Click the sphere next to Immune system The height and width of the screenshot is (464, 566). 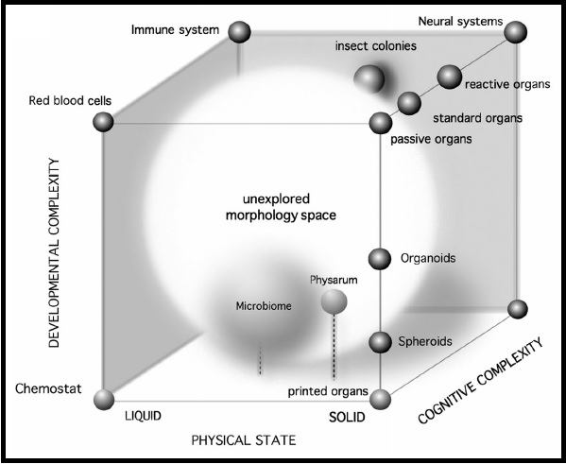click(x=239, y=32)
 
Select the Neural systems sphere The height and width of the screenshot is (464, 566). click(x=516, y=32)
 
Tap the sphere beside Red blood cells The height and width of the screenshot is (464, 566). click(x=103, y=122)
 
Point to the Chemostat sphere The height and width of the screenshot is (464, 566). click(x=104, y=400)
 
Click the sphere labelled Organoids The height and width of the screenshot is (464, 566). click(x=380, y=259)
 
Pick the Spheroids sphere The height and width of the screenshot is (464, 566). click(x=380, y=342)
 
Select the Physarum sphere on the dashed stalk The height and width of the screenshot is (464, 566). click(x=334, y=301)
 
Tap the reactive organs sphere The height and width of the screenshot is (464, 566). click(x=450, y=77)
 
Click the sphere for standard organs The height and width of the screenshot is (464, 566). click(x=409, y=103)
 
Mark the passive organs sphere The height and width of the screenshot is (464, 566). click(x=381, y=123)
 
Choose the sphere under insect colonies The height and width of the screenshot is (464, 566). click(x=369, y=78)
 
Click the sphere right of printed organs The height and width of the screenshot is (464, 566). click(x=381, y=400)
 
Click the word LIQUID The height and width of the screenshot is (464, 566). click(x=143, y=416)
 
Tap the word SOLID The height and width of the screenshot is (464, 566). click(x=347, y=418)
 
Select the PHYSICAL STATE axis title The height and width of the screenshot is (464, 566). click(x=244, y=440)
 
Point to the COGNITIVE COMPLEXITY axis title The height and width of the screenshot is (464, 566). click(x=481, y=380)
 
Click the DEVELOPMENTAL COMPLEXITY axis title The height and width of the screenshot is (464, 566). click(x=54, y=252)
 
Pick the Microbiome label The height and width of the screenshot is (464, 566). click(x=264, y=306)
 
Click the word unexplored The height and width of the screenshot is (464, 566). click(x=276, y=199)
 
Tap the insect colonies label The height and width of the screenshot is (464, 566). click(x=376, y=46)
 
